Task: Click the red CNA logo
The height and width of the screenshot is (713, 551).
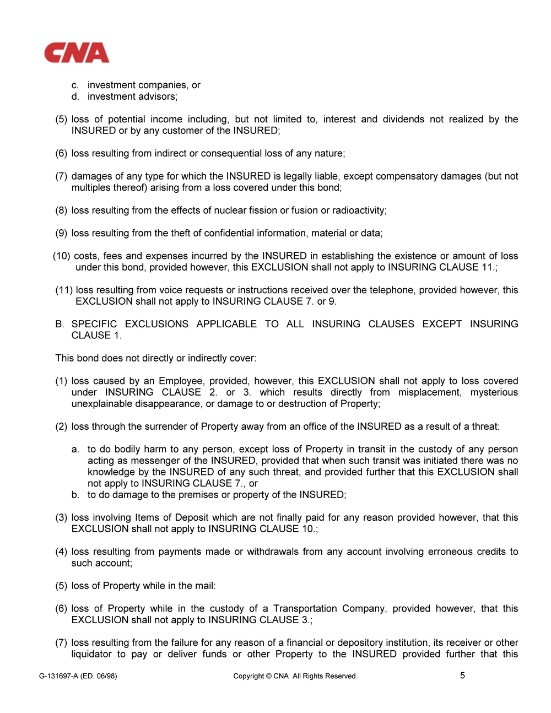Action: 77,53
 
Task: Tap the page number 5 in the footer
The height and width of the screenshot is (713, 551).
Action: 462,675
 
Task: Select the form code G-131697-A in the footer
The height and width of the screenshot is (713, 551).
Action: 58,676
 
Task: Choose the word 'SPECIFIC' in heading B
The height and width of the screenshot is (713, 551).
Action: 94,324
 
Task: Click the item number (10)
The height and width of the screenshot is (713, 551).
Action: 62,256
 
